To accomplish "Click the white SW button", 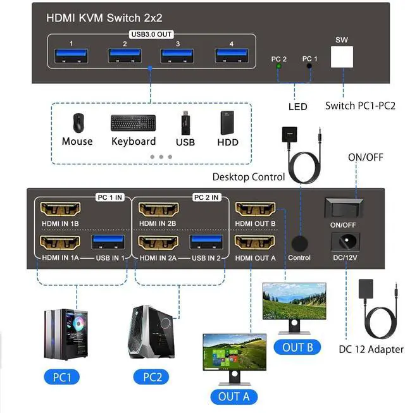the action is [342, 59].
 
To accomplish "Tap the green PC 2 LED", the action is [278, 66].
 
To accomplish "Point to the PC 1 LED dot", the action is [309, 66].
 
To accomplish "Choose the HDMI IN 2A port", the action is [159, 242].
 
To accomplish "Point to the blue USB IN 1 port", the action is [109, 242].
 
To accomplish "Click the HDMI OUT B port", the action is [255, 209].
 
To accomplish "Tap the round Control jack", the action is [299, 243].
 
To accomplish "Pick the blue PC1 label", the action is [62, 378].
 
